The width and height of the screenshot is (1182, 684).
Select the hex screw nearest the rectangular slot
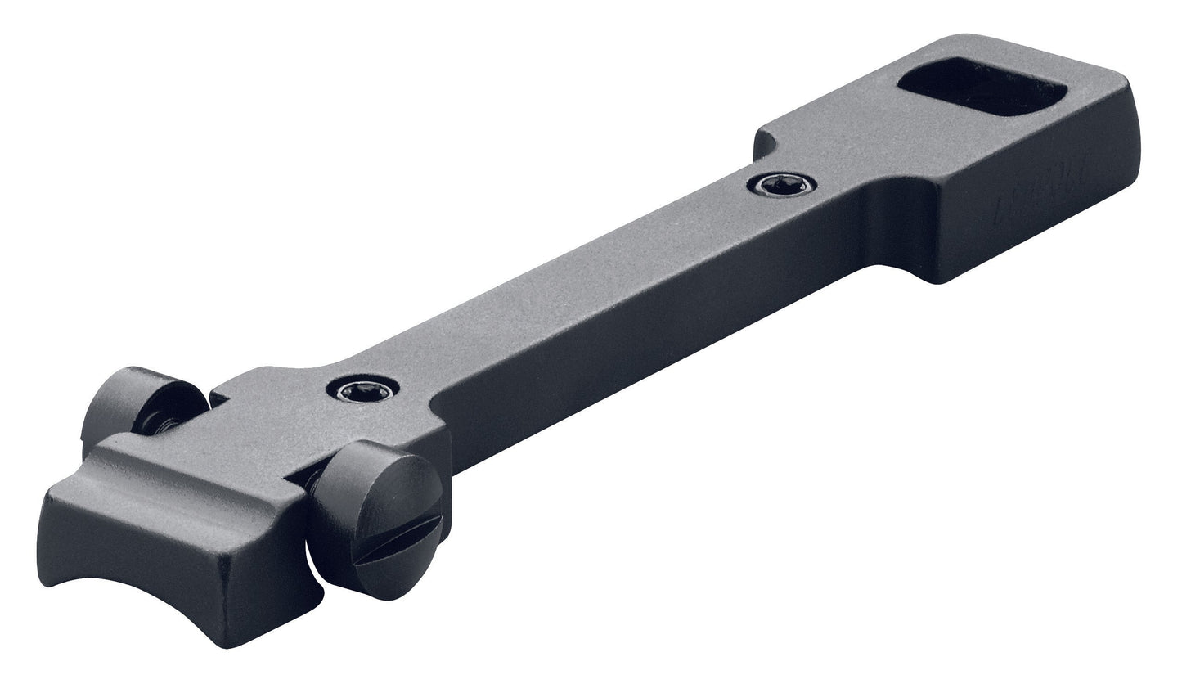tap(780, 185)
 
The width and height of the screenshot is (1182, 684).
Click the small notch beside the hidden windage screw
tap(218, 398)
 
